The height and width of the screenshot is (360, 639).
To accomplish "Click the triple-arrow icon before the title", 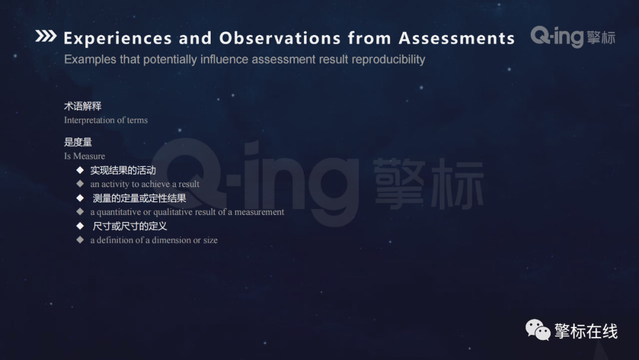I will click(x=46, y=37).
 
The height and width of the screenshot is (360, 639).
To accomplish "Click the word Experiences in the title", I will click(x=118, y=38).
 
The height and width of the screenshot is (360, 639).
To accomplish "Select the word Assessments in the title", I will click(x=456, y=38).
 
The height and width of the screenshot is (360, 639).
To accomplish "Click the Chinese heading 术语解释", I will click(x=83, y=106).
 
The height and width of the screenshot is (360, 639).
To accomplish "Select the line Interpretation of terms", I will click(x=106, y=120).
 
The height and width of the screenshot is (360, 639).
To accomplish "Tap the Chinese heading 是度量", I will click(x=78, y=142).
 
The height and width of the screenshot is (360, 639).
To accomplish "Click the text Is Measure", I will click(x=85, y=156).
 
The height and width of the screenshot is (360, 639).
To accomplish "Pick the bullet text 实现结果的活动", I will click(x=123, y=171).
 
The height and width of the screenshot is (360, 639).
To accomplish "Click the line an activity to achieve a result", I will click(x=145, y=184).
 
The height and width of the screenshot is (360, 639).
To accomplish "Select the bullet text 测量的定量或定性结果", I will click(x=140, y=198).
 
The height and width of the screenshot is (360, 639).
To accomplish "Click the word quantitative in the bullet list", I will click(x=119, y=212).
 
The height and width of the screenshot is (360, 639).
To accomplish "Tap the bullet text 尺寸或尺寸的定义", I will click(x=130, y=226).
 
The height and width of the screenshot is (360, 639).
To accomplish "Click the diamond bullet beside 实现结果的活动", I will click(x=80, y=170).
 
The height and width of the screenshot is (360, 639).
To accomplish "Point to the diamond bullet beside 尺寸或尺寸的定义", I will click(x=80, y=226).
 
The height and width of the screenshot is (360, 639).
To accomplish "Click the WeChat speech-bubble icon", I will click(x=538, y=330).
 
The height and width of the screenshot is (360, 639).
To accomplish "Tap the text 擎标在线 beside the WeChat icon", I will click(x=586, y=332).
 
